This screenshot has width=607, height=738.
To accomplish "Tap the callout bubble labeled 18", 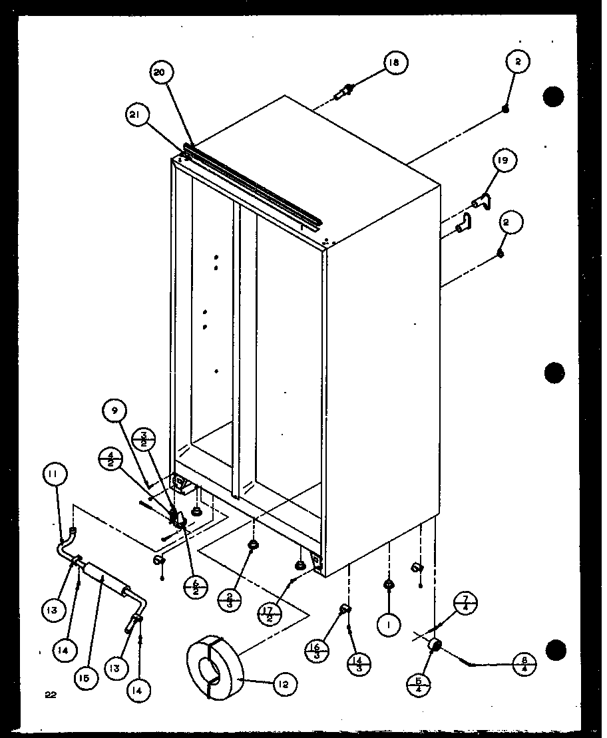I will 395,63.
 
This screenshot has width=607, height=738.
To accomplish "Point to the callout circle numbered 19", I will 505,160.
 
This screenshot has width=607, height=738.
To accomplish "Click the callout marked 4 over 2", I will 108,460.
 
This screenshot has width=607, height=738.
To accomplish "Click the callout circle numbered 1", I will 387,625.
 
